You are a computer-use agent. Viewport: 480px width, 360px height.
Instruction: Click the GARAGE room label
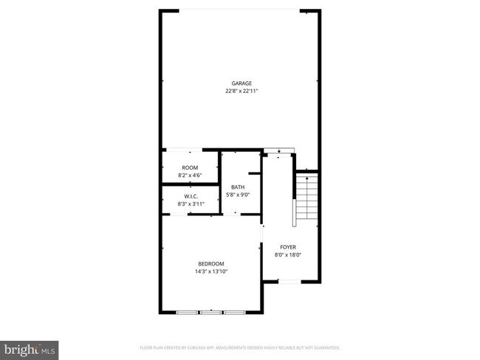click(x=241, y=83)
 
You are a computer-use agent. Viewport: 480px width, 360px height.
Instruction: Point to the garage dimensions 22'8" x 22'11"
click(x=241, y=91)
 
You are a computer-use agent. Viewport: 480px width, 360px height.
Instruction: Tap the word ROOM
click(x=190, y=168)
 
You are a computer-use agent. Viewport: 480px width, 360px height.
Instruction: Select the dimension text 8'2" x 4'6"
click(x=190, y=176)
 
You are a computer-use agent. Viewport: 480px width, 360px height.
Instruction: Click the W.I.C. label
click(x=191, y=195)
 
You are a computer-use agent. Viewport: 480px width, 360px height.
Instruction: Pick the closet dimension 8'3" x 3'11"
click(x=191, y=204)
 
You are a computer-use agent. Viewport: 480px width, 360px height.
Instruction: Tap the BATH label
click(x=238, y=187)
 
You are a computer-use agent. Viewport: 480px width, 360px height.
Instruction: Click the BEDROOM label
click(x=211, y=263)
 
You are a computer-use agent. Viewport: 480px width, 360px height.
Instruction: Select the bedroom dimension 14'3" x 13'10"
click(x=211, y=271)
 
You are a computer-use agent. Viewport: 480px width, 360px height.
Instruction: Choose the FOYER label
click(x=288, y=246)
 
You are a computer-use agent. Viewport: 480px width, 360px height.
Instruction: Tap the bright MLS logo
click(x=30, y=347)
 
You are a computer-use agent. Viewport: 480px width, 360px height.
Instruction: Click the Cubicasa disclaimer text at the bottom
click(x=239, y=347)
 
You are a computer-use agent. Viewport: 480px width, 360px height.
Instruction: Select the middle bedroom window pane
click(x=211, y=313)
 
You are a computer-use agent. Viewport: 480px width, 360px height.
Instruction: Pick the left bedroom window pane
click(x=188, y=313)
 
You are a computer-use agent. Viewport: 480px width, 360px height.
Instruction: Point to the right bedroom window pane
click(x=234, y=313)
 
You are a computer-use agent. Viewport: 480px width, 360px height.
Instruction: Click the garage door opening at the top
click(x=241, y=10)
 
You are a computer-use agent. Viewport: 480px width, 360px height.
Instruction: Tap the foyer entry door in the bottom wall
click(x=289, y=282)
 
